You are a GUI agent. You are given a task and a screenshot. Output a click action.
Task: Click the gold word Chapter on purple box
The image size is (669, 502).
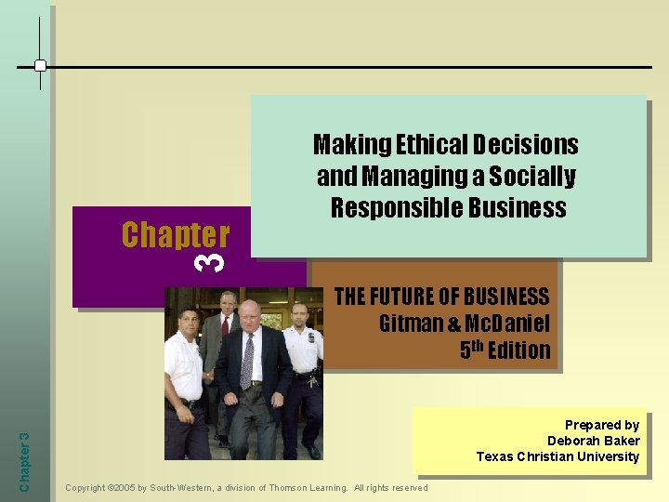(175, 234)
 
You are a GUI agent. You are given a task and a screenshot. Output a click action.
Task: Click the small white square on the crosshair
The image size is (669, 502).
(40, 66)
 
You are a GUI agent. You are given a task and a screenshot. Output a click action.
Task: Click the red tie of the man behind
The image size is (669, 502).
(225, 326)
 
